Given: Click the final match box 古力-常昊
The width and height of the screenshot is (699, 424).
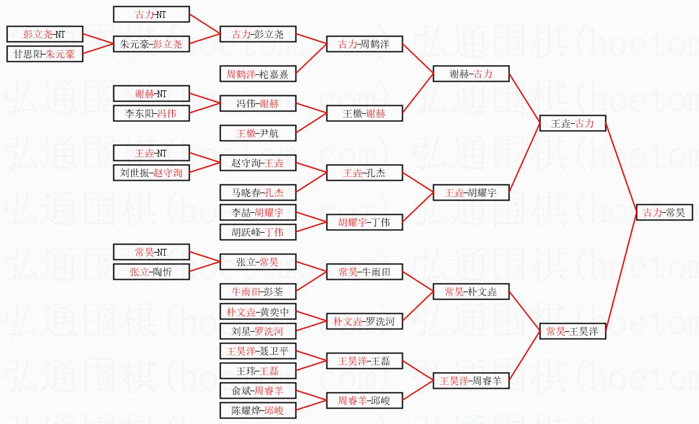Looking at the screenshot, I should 664,212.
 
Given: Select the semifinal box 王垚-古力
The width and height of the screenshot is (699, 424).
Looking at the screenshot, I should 572,123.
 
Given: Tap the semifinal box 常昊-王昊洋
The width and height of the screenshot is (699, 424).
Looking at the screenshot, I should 572,331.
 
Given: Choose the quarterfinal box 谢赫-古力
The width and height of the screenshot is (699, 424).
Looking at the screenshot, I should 471,74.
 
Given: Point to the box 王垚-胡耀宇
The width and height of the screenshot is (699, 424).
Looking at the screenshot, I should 471,193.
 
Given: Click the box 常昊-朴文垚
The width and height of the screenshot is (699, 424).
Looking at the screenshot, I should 471,292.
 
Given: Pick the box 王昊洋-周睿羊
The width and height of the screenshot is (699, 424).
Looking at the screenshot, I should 471,381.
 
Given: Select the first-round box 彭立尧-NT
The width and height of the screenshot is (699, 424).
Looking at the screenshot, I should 44,34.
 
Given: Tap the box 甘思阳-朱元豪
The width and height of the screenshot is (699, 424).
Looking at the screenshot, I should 44,54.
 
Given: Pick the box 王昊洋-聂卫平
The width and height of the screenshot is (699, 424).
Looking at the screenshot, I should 258,351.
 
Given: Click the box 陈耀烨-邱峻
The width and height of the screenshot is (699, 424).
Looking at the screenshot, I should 258,410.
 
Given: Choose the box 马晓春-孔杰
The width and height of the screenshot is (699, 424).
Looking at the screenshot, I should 258,193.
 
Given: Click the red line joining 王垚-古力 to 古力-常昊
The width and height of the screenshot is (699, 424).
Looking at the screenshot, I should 620,167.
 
